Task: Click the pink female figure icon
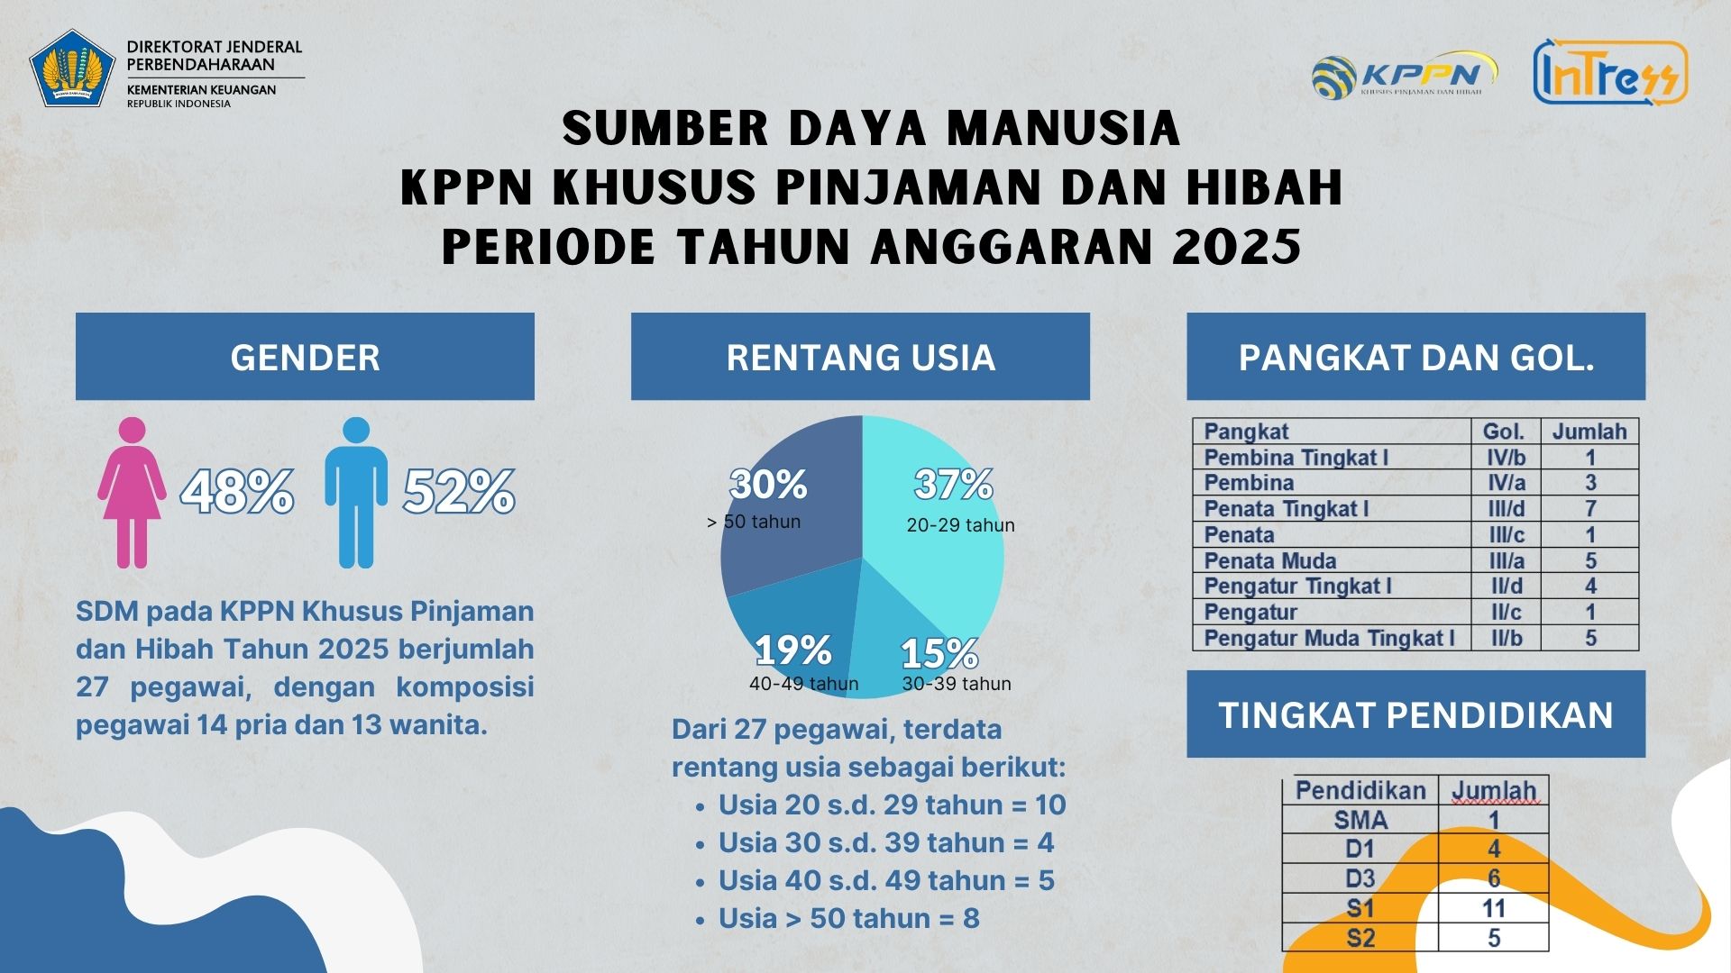(x=132, y=492)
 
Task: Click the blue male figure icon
(x=356, y=492)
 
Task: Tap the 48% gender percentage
(x=237, y=492)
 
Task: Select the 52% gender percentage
(x=459, y=492)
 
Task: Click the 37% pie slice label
(x=953, y=485)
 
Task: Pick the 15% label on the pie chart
(x=939, y=653)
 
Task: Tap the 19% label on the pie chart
(x=793, y=650)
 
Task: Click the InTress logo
(x=1610, y=72)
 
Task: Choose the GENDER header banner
(x=305, y=357)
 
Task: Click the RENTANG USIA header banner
(x=860, y=357)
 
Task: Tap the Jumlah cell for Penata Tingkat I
(x=1590, y=509)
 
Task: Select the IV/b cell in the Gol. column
(x=1507, y=458)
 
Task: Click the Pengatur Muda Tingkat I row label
(x=1329, y=639)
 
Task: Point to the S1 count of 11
(x=1494, y=908)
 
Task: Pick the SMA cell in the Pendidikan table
(x=1360, y=820)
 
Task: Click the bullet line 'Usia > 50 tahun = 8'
(x=848, y=918)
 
